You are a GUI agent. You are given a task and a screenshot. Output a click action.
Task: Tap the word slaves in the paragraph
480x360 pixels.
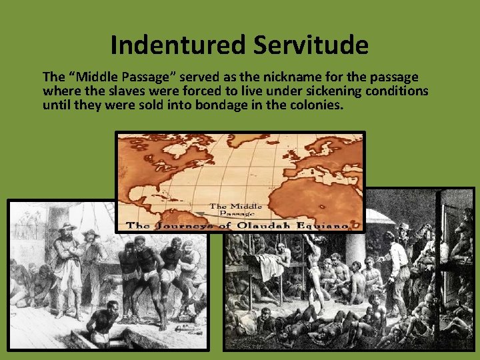(119, 91)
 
